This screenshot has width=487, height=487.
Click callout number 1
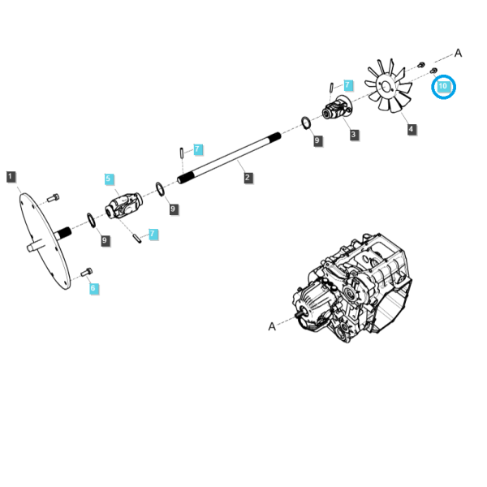click(x=11, y=177)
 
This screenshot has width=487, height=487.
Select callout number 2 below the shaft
click(x=248, y=178)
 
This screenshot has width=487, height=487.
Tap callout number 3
click(x=353, y=135)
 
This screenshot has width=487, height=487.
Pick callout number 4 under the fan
click(x=412, y=129)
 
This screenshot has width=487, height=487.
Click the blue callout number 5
click(x=109, y=179)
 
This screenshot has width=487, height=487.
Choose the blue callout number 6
click(x=93, y=288)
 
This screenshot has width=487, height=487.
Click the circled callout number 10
click(x=443, y=86)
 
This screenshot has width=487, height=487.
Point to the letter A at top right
click(x=458, y=53)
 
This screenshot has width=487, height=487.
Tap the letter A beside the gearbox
click(x=272, y=326)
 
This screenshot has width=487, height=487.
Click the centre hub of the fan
click(x=386, y=87)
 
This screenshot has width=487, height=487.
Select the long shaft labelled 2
click(x=229, y=157)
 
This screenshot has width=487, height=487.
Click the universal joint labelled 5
click(x=124, y=205)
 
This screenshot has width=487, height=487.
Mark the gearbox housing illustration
click(x=352, y=287)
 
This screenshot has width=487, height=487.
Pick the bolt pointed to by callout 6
click(x=86, y=272)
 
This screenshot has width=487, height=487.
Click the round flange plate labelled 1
click(x=45, y=241)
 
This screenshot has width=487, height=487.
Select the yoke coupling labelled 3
click(x=337, y=107)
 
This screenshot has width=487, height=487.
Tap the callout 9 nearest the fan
click(x=317, y=140)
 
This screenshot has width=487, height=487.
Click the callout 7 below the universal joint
click(x=153, y=235)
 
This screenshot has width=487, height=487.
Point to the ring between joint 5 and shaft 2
click(x=160, y=189)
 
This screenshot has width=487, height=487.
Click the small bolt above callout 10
click(x=433, y=71)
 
